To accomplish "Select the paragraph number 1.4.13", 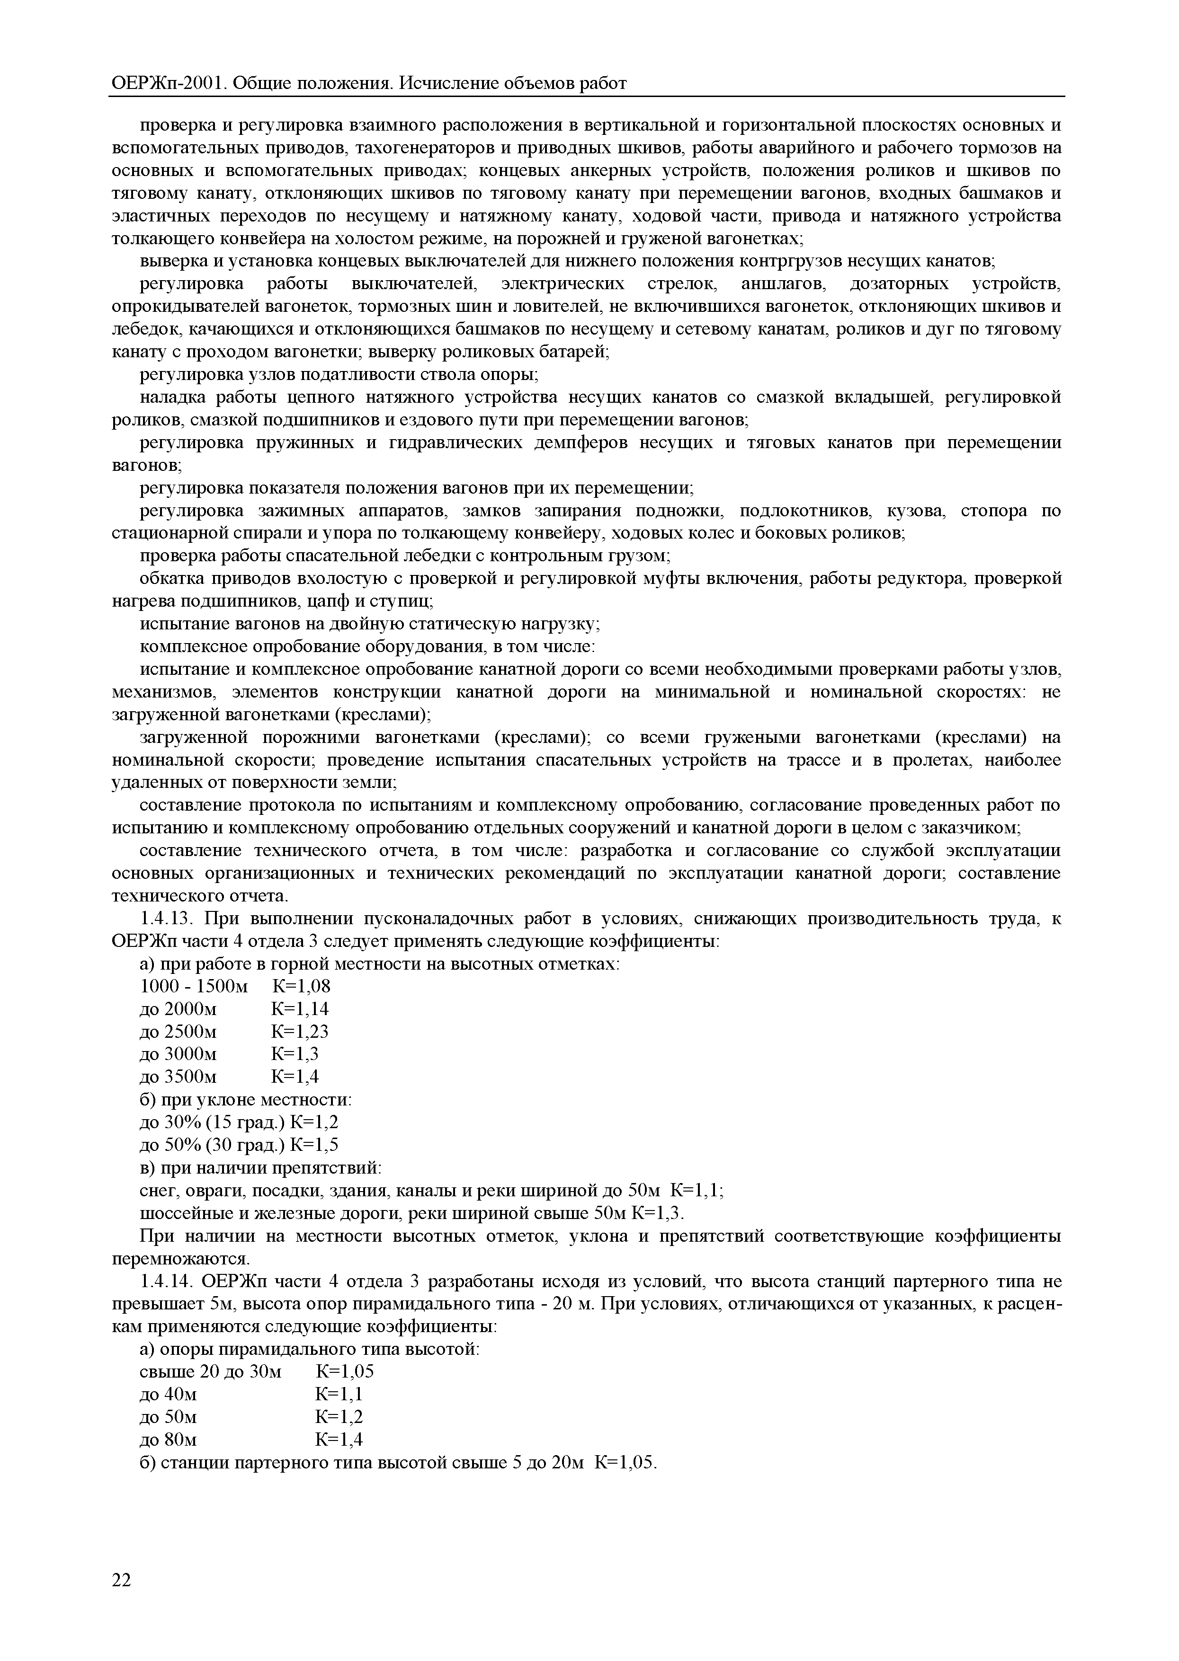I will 165,919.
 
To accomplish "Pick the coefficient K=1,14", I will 300,1008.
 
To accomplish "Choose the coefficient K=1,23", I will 300,1031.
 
